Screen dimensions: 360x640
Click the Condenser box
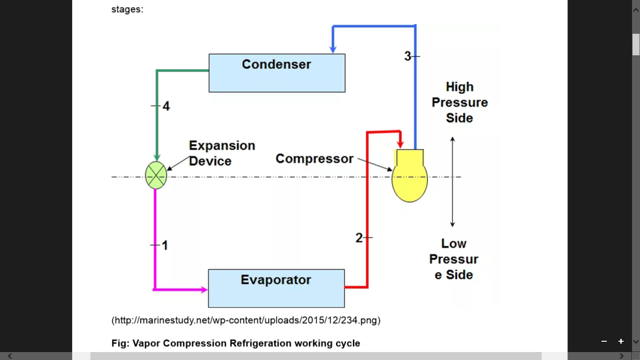click(276, 73)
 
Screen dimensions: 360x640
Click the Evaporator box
click(276, 288)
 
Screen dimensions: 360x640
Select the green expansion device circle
click(156, 175)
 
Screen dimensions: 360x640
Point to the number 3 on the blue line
click(407, 56)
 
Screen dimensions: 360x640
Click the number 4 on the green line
click(166, 106)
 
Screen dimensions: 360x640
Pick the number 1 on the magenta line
click(164, 245)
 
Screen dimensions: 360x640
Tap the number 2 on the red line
click(359, 238)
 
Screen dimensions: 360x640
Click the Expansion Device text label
click(222, 153)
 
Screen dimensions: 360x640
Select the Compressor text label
click(314, 159)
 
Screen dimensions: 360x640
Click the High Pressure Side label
click(460, 103)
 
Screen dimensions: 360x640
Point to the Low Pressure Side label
click(454, 259)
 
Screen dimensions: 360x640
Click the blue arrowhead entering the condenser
click(333, 49)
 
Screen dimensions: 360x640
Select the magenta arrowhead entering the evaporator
click(204, 290)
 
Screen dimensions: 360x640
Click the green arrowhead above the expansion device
click(157, 157)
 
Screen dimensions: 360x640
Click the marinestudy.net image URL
click(246, 321)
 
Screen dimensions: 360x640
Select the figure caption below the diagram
click(236, 343)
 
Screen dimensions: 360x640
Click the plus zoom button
click(621, 341)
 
